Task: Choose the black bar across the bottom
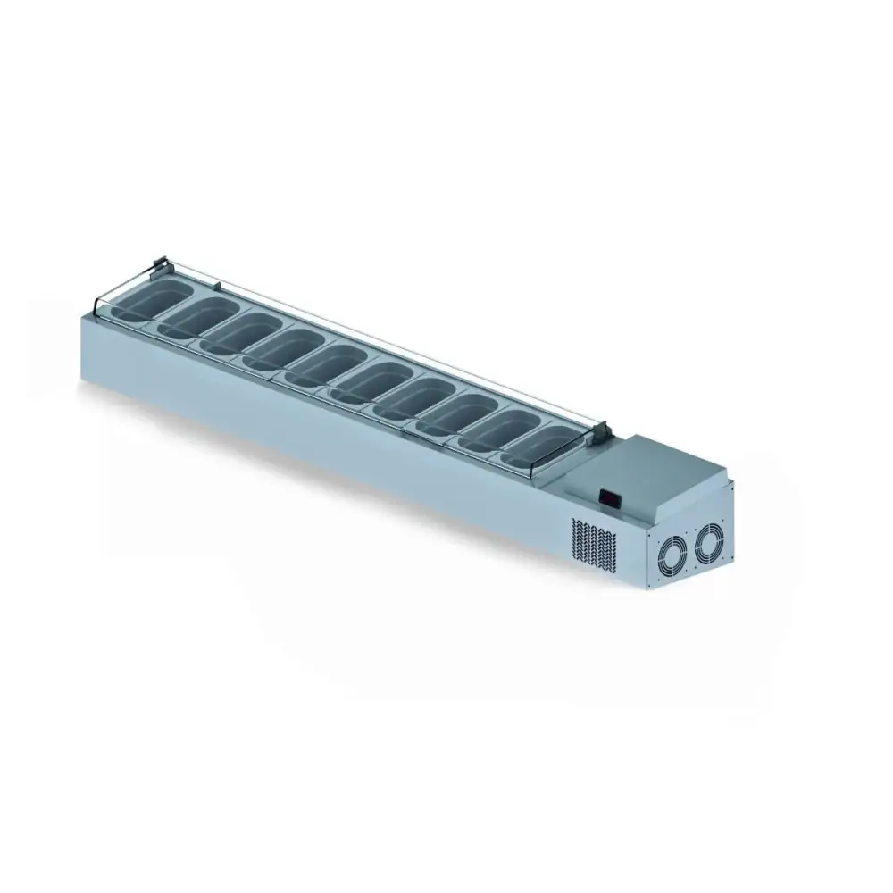pos(446,817)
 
